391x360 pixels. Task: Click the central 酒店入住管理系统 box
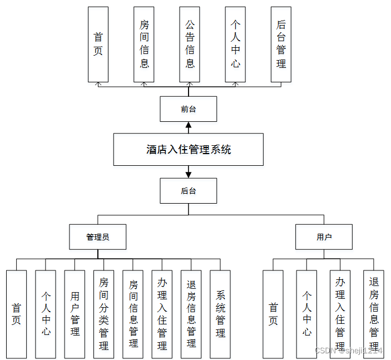pos(188,149)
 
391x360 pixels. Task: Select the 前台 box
pos(188,109)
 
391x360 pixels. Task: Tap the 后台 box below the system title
pos(188,191)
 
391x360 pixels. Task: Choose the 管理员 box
pos(98,237)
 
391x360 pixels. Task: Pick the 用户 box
pos(324,237)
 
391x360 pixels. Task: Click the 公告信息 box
pos(190,45)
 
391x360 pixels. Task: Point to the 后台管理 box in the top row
pos(281,45)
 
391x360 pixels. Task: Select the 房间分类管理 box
pos(104,314)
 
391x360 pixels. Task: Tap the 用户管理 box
pos(75,314)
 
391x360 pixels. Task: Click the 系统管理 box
pos(220,314)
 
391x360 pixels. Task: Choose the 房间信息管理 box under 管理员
pos(133,314)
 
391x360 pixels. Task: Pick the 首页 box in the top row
pos(98,45)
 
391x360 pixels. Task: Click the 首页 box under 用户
pos(273,314)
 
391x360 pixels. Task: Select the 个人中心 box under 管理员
pos(46,314)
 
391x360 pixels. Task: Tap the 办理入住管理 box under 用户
pos(340,314)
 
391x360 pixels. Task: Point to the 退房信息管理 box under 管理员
pos(191,314)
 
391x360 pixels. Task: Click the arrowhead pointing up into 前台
pos(189,125)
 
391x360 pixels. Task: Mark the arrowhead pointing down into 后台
pos(189,175)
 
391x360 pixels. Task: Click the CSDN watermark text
pos(348,351)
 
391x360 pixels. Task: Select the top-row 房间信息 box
pos(144,45)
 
